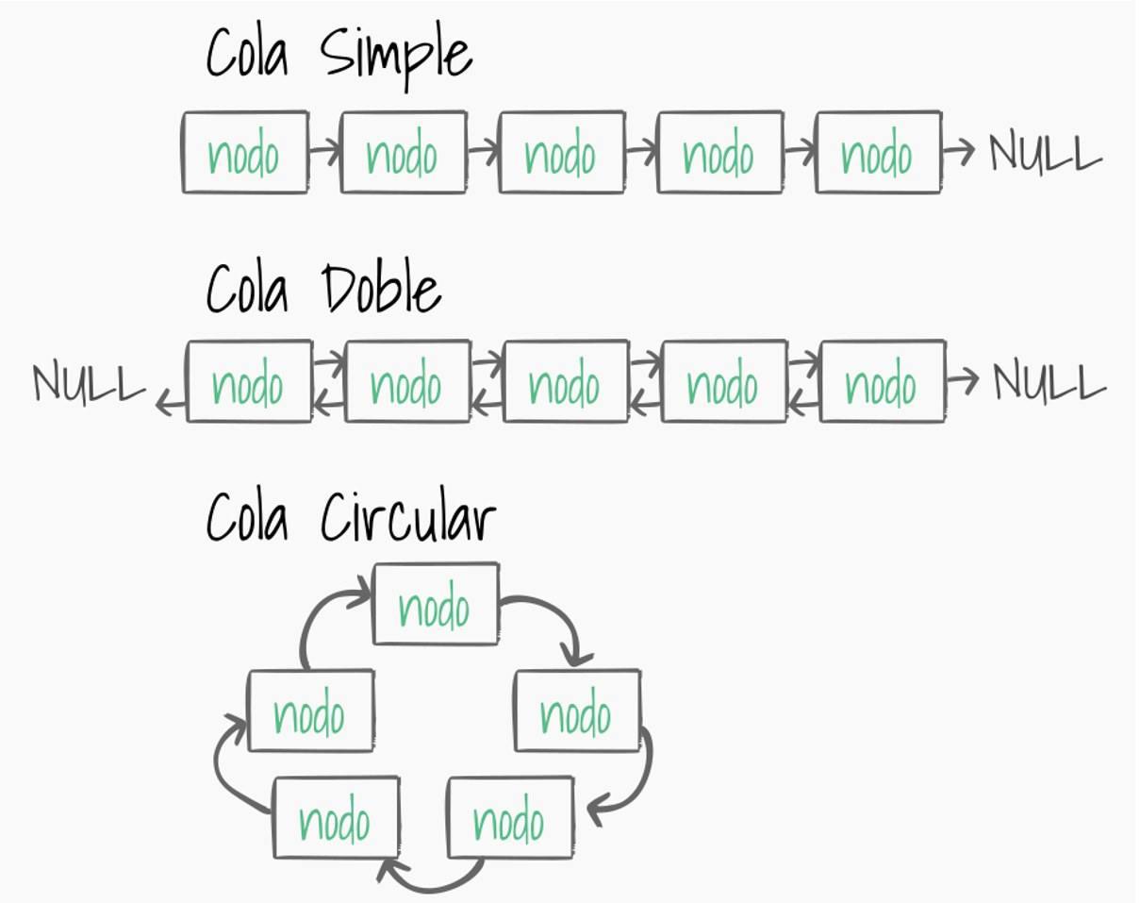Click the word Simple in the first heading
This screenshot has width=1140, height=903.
pyautogui.click(x=396, y=56)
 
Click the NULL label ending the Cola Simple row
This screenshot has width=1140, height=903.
pyautogui.click(x=1045, y=153)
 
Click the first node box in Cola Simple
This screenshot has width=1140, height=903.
pyautogui.click(x=245, y=153)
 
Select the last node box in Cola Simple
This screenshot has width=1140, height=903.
pyautogui.click(x=878, y=153)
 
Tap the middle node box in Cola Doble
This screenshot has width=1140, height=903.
pyautogui.click(x=566, y=382)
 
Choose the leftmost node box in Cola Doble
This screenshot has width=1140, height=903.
pyautogui.click(x=250, y=382)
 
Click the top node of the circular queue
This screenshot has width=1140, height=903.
pyautogui.click(x=436, y=605)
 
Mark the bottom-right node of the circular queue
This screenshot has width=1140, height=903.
pyautogui.click(x=510, y=818)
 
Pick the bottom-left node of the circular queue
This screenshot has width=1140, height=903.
pyautogui.click(x=336, y=818)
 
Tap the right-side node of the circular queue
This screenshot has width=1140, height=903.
pyautogui.click(x=577, y=711)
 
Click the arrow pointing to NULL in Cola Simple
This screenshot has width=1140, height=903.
pyautogui.click(x=958, y=151)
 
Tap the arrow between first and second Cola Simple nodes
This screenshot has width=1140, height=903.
pyautogui.click(x=323, y=149)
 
